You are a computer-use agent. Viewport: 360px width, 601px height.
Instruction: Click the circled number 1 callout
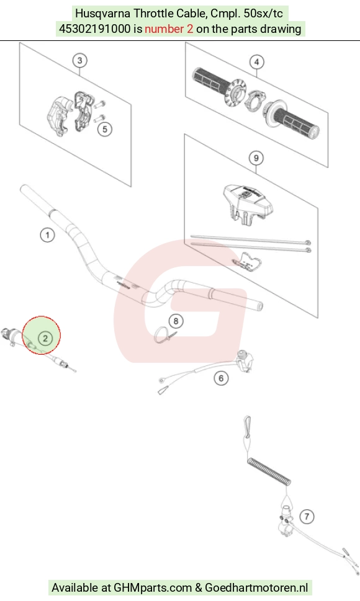click(x=48, y=234)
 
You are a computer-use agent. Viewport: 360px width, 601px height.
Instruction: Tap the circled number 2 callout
click(x=45, y=337)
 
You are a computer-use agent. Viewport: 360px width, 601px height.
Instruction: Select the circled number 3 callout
click(x=79, y=60)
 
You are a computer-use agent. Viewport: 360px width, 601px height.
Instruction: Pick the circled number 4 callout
click(x=256, y=61)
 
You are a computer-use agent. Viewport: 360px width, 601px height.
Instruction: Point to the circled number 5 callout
click(x=105, y=129)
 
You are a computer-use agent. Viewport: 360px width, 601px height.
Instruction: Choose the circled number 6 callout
click(x=221, y=378)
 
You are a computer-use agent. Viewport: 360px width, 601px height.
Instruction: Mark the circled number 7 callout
click(x=307, y=516)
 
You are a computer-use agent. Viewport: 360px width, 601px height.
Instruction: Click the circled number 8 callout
click(x=176, y=321)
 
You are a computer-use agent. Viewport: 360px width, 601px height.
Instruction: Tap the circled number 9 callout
click(x=256, y=158)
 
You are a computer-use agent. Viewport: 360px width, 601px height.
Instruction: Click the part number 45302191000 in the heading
click(x=95, y=29)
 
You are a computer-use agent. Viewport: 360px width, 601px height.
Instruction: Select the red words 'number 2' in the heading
click(x=169, y=29)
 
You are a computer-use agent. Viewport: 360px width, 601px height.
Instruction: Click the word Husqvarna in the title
click(x=103, y=14)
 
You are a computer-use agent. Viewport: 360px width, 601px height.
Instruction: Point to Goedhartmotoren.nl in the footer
click(x=256, y=587)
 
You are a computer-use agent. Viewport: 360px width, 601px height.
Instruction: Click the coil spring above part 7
click(x=269, y=471)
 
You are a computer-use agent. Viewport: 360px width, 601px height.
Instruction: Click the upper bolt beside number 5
click(x=101, y=104)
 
